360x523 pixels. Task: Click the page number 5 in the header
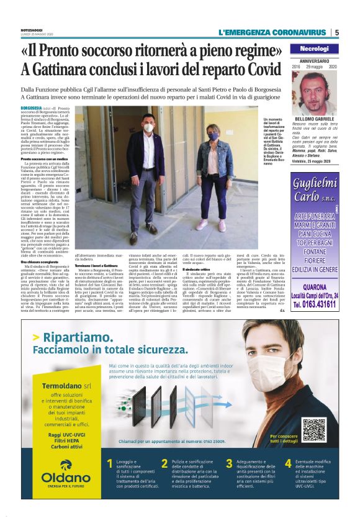coord(336,33)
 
